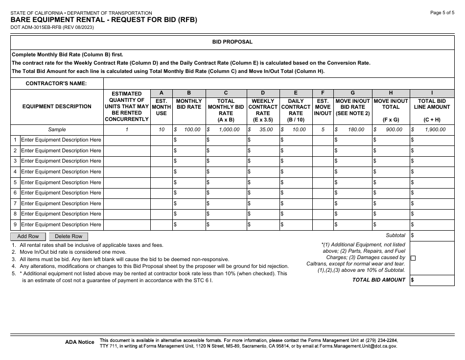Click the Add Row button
click(x=28, y=236)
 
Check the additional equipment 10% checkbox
click(x=413, y=258)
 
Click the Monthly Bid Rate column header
click(x=189, y=104)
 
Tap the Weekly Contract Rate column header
click(x=263, y=107)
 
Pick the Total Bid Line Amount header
click(x=432, y=104)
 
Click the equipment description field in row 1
click(x=61, y=140)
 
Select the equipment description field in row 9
click(x=61, y=225)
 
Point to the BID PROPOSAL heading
click(x=232, y=42)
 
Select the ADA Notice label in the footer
click(x=79, y=342)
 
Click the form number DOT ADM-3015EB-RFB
click(x=52, y=28)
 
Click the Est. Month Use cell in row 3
click(x=161, y=161)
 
